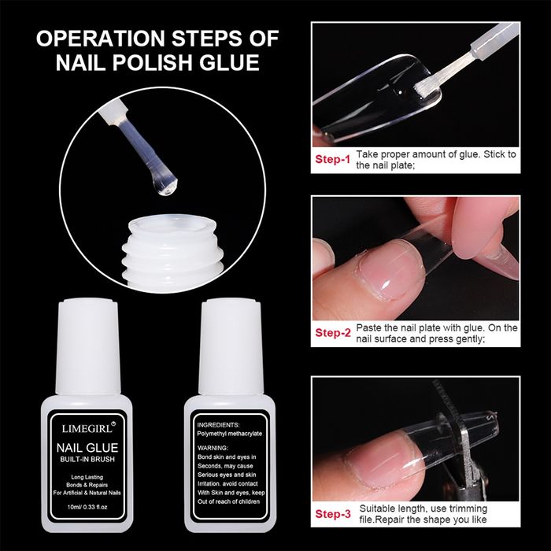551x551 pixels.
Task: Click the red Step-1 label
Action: pos(332,159)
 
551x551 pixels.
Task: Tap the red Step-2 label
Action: pos(332,332)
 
